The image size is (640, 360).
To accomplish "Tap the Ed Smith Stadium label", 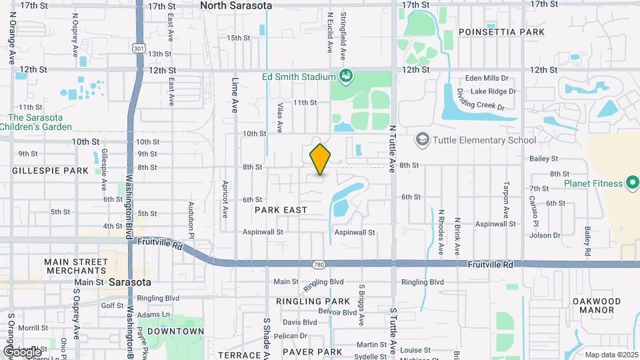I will pos(298,76).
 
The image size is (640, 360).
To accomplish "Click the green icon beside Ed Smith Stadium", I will pos(345,75).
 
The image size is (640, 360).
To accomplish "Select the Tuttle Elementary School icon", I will pos(421,140).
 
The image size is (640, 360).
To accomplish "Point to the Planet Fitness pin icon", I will pos(633,183).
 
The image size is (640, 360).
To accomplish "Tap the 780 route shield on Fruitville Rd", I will pos(320,264).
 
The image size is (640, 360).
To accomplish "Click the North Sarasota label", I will pos(236,5).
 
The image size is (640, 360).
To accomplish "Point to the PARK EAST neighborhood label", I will pos(281,210).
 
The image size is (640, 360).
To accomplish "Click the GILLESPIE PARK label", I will pos(50,171).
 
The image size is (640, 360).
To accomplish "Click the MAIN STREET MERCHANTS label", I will pos(75,266).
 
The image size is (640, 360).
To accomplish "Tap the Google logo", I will pos(22,351).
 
